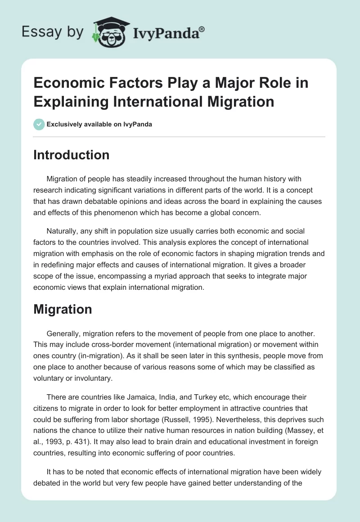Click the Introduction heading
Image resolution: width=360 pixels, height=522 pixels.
click(x=72, y=155)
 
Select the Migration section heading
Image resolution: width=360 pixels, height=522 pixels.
click(x=63, y=309)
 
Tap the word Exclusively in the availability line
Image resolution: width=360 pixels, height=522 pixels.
click(x=63, y=125)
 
